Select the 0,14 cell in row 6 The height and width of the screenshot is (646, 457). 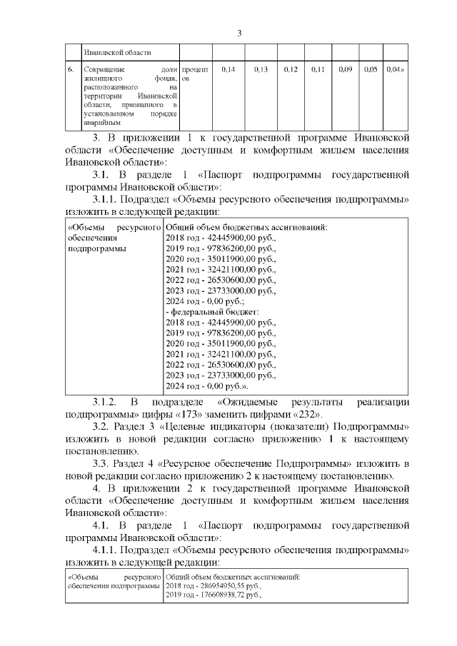point(228,70)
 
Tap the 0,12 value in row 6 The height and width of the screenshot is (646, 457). point(290,70)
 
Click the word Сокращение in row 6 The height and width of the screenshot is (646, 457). point(104,70)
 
